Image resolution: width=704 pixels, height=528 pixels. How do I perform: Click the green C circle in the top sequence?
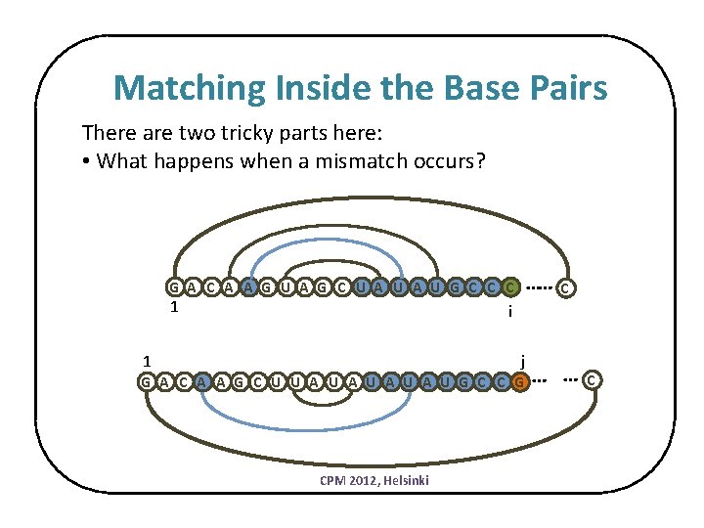click(x=510, y=287)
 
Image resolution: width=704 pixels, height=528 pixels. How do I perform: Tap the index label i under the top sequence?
click(x=510, y=312)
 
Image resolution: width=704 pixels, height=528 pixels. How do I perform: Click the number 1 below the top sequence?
click(x=173, y=307)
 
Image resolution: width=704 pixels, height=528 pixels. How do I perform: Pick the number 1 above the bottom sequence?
click(x=144, y=359)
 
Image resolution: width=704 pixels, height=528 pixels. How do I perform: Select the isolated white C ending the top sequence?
click(x=566, y=287)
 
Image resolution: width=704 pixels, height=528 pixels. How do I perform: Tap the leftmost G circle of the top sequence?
click(x=173, y=287)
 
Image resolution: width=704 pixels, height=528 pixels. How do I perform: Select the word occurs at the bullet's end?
click(x=449, y=160)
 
